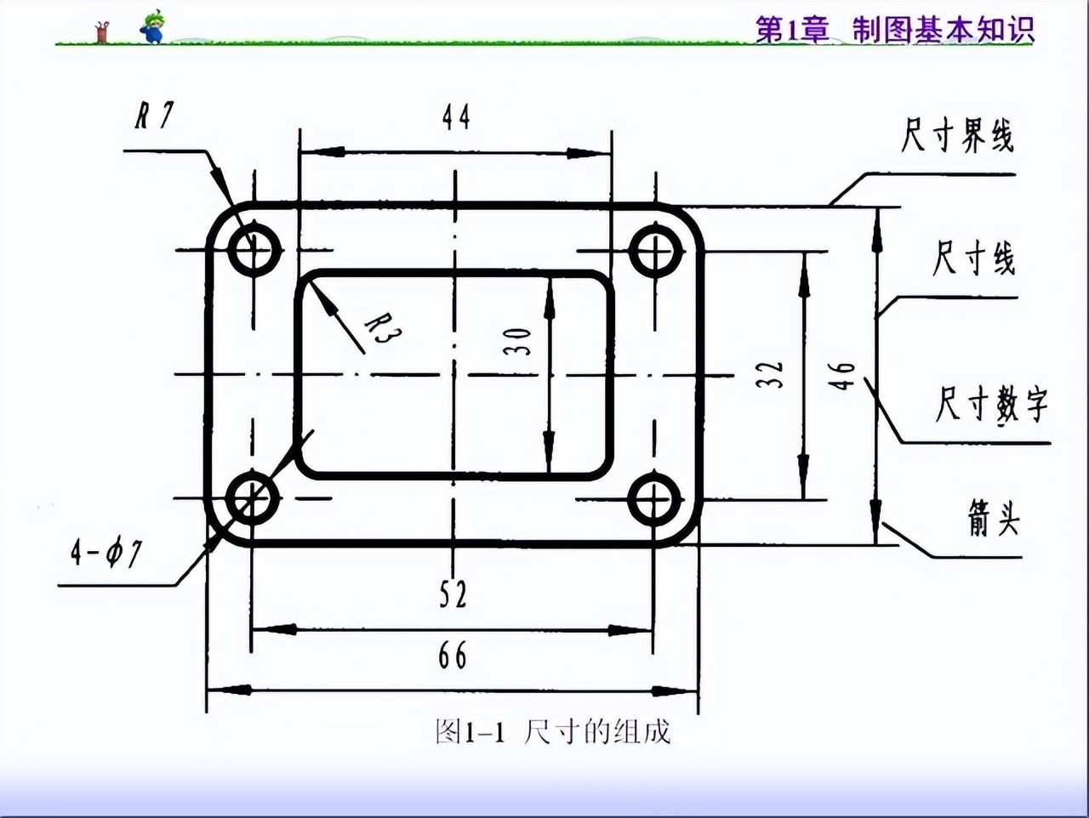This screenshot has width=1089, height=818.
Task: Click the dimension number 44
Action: click(x=456, y=117)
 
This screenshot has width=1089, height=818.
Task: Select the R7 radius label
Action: click(x=154, y=115)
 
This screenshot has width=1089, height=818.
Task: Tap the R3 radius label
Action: click(x=382, y=328)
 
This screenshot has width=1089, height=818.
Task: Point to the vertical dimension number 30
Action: click(x=518, y=342)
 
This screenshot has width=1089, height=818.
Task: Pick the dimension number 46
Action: click(x=841, y=375)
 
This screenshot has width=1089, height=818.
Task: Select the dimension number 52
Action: click(x=453, y=594)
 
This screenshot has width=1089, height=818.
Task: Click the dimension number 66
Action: click(x=453, y=656)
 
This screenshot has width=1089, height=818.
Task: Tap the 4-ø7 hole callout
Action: click(x=106, y=554)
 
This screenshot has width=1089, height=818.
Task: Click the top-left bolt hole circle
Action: click(x=254, y=251)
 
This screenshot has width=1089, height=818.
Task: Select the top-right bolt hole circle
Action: click(x=655, y=251)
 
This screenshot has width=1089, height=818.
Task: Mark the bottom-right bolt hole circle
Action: click(x=654, y=499)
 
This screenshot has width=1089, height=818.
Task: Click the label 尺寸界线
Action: click(x=958, y=136)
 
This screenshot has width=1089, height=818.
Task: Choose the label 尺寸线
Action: click(x=973, y=258)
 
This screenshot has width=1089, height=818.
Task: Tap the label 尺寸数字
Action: click(x=991, y=403)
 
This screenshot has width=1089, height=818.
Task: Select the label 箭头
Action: click(x=993, y=517)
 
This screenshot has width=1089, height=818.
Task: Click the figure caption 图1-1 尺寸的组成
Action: click(x=553, y=730)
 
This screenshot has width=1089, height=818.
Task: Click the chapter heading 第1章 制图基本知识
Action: click(x=895, y=30)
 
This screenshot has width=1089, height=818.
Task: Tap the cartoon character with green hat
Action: click(x=153, y=27)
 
